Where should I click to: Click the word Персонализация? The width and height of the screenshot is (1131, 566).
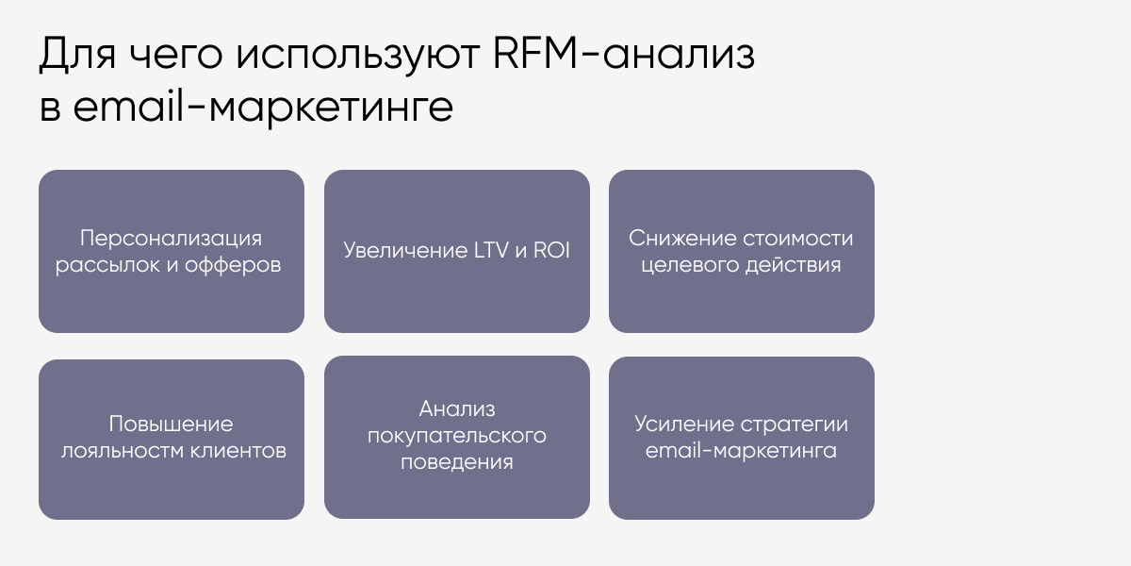171,238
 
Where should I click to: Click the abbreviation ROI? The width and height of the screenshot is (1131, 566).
550,252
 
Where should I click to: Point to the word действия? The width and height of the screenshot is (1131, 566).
793,265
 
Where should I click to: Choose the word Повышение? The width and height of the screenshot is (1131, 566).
171,424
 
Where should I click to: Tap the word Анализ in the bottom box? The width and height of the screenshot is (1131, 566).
457,409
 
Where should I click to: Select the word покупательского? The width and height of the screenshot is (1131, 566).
457,437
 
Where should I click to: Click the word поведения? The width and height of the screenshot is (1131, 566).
457,463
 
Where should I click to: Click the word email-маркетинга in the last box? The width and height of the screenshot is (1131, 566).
742,451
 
